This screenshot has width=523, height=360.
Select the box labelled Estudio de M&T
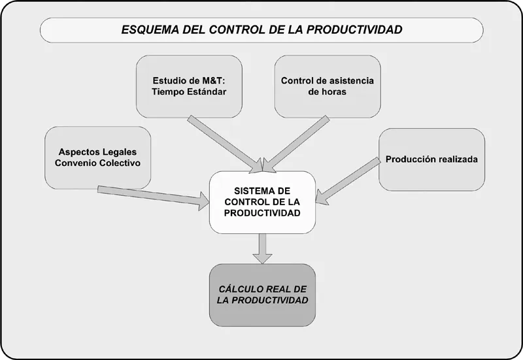tap(189, 86)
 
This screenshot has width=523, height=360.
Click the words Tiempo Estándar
tap(189, 92)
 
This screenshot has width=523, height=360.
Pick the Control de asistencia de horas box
tap(327, 86)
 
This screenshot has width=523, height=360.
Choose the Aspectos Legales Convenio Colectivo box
tap(97, 157)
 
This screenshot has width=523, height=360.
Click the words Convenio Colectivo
tap(97, 163)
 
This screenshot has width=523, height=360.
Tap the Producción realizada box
tap(431, 159)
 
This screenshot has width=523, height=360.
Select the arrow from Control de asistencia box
tap(297, 140)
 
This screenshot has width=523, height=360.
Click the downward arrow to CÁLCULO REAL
tap(262, 248)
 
